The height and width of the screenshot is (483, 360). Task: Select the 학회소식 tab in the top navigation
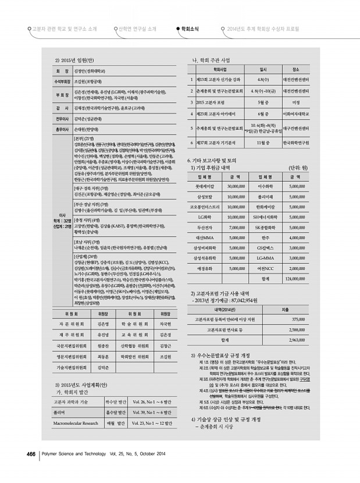pos(190,28)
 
